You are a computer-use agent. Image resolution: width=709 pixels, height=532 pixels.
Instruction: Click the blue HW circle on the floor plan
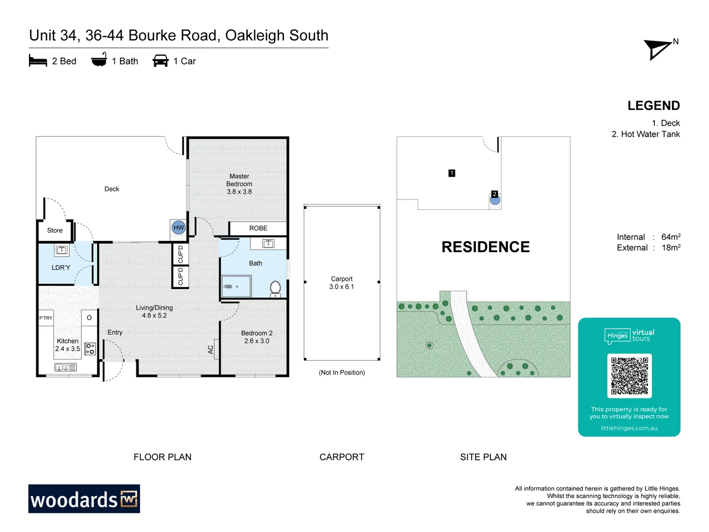(x=179, y=228)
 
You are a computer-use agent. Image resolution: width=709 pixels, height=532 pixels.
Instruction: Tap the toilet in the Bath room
(x=275, y=289)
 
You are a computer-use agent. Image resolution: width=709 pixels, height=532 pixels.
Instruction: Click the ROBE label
(x=258, y=229)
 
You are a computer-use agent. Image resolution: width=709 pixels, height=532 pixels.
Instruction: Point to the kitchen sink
(x=65, y=367)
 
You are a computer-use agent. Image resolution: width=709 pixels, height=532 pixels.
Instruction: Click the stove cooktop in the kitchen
(x=90, y=349)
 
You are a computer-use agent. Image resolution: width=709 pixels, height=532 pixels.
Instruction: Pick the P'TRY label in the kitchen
(x=46, y=318)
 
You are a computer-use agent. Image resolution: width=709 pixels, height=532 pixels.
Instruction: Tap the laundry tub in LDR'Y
(x=62, y=250)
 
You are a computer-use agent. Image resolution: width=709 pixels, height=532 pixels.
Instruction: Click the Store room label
(x=55, y=231)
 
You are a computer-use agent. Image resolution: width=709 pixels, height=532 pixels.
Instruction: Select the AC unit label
(x=211, y=349)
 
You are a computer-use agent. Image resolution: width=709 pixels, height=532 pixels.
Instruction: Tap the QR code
(x=629, y=376)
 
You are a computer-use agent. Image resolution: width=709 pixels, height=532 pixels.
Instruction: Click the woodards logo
(x=84, y=499)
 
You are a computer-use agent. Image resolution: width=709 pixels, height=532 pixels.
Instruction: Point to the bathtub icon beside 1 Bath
(x=99, y=60)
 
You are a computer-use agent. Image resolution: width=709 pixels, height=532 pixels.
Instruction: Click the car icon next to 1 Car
(x=161, y=61)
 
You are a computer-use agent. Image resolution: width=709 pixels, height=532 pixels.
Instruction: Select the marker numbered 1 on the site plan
(x=451, y=173)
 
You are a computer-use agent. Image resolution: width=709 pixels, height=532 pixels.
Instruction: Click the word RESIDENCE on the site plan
(x=485, y=247)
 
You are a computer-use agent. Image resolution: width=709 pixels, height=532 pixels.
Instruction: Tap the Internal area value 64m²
(x=671, y=237)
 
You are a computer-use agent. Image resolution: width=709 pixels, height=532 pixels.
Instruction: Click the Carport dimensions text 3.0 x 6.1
(x=342, y=287)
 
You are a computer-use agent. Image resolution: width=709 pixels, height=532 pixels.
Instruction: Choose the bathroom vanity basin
(x=268, y=243)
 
